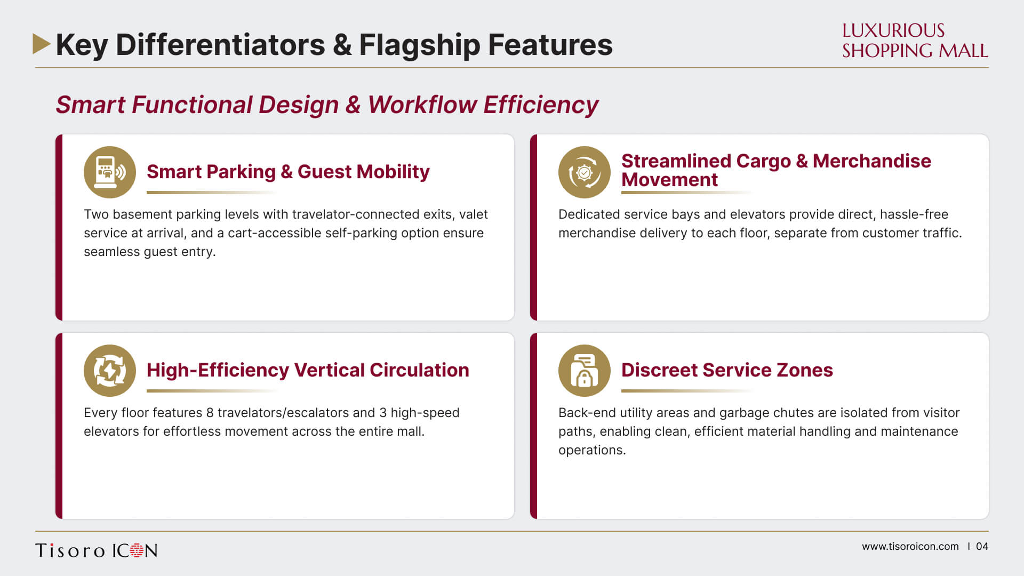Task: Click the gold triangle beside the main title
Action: [41, 44]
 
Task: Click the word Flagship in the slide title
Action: [419, 45]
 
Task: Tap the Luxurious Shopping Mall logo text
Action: [915, 41]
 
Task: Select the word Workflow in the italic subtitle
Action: [422, 105]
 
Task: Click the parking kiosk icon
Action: [110, 172]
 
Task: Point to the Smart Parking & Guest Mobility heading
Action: [288, 172]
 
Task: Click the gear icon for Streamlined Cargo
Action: [585, 172]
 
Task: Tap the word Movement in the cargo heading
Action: [670, 180]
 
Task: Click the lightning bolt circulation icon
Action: [110, 371]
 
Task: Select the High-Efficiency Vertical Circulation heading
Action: [308, 370]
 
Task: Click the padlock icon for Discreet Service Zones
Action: [585, 371]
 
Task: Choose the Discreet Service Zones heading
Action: [727, 370]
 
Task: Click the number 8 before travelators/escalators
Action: [210, 413]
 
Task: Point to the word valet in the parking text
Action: [474, 214]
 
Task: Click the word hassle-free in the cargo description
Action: [914, 214]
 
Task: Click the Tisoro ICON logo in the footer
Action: [97, 550]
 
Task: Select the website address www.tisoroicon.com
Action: [910, 547]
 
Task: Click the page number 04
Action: [982, 547]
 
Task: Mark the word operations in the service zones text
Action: [592, 451]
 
